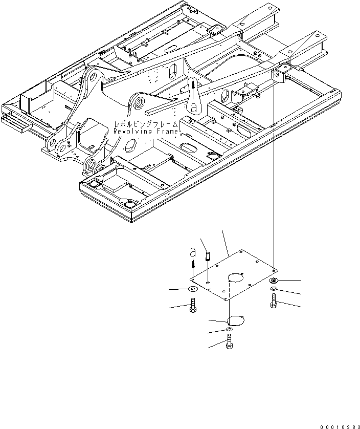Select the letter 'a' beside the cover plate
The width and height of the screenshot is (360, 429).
192,252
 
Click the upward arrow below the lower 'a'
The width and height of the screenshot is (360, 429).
193,264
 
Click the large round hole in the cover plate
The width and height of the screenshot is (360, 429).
235,278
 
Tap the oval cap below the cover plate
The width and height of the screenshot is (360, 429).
235,320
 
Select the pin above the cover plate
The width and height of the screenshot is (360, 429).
208,256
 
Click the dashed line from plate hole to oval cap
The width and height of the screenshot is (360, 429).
230,302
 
